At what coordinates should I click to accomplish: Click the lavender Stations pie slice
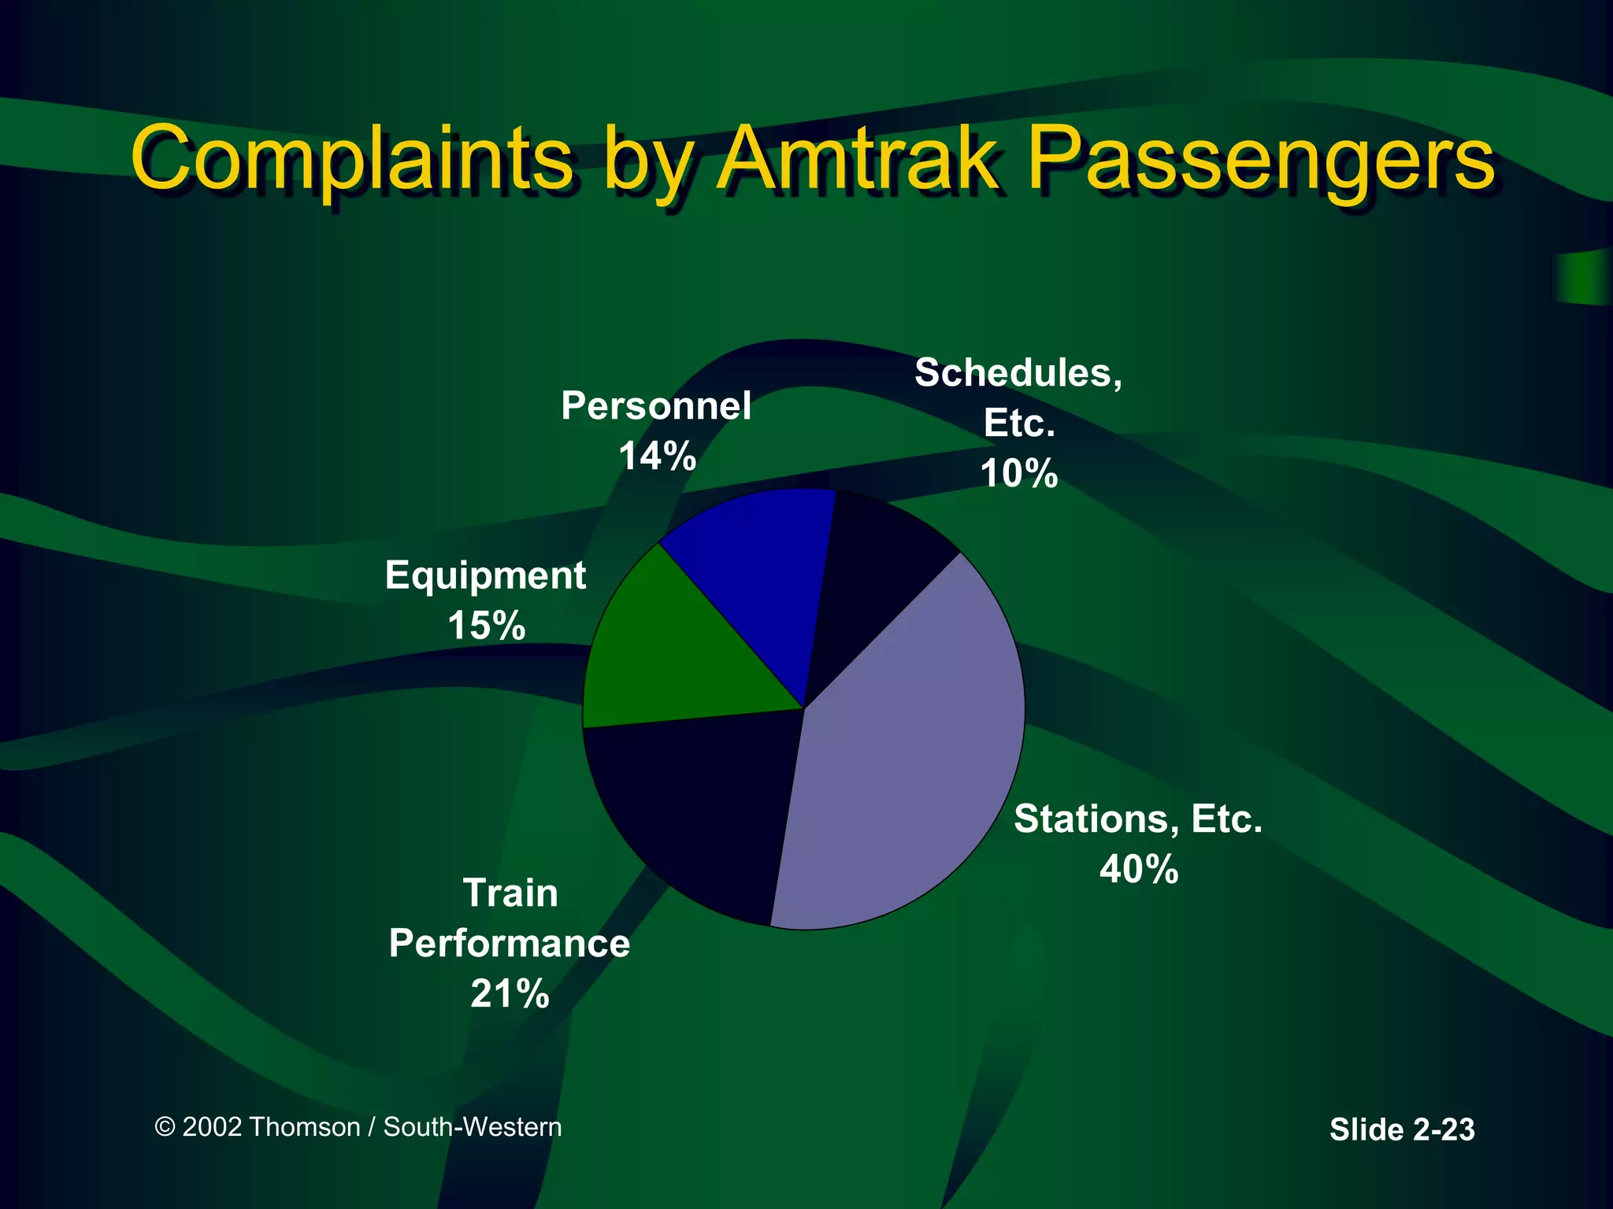(x=906, y=748)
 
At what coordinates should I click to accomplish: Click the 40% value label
(x=1139, y=870)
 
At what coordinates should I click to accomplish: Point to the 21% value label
(x=510, y=993)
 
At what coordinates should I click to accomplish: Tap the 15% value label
(x=486, y=627)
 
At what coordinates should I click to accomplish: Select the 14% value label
(x=657, y=456)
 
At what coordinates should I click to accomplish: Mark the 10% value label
(x=1018, y=474)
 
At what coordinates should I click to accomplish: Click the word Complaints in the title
(x=352, y=160)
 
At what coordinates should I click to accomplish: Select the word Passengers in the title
(x=1260, y=160)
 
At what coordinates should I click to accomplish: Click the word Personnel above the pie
(x=656, y=406)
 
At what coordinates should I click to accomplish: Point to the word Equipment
(x=485, y=576)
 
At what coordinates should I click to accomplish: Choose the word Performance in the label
(x=510, y=943)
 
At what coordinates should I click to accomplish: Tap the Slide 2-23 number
(x=1402, y=1130)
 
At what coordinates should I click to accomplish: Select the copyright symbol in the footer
(x=165, y=1127)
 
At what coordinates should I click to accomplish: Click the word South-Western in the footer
(x=473, y=1127)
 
